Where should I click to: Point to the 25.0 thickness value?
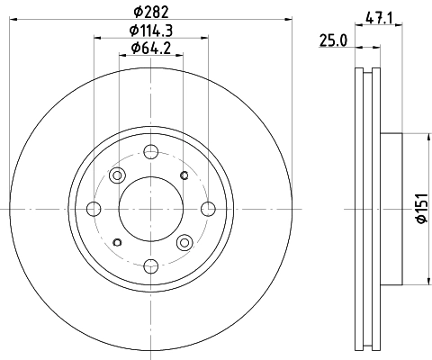point(334,39)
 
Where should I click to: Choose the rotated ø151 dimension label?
point(419,209)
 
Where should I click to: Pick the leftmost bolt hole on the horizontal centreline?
point(94,209)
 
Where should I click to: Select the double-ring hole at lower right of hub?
point(184,241)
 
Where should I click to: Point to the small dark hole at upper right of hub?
point(184,175)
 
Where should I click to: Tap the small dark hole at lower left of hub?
point(117,242)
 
